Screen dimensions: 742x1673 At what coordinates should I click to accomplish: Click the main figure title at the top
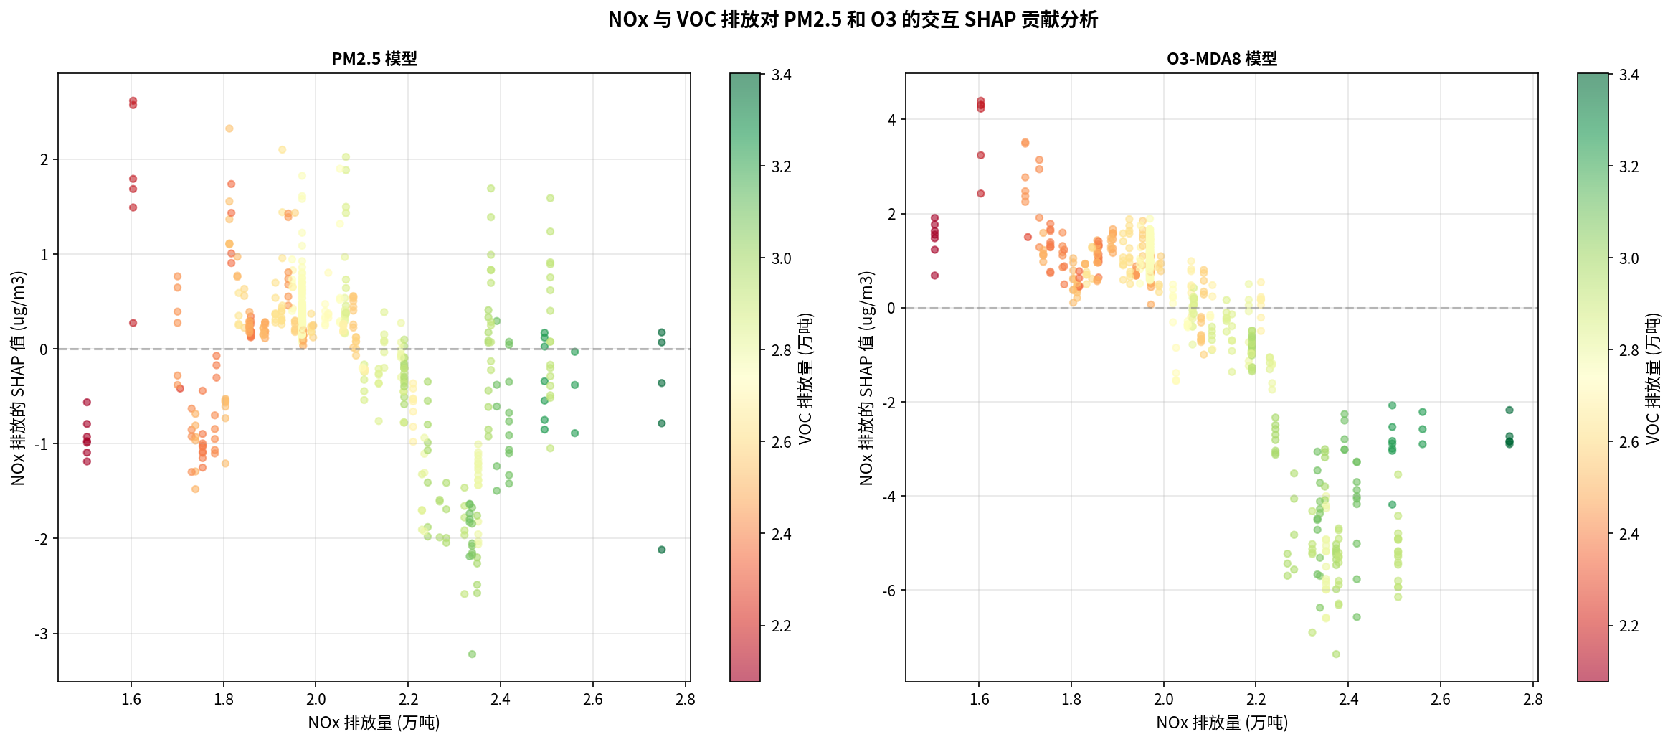(853, 19)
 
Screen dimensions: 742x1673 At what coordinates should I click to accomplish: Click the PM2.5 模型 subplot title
(374, 59)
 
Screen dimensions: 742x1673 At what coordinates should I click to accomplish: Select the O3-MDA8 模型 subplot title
(1221, 59)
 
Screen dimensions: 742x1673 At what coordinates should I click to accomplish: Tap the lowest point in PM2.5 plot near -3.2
(472, 654)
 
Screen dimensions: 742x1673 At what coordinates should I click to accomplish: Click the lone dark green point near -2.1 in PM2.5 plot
(661, 550)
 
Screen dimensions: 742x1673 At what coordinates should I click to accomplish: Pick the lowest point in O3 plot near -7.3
(1336, 654)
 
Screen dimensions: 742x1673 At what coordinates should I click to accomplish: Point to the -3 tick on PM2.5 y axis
(42, 634)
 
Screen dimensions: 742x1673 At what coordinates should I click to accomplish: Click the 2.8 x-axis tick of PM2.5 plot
(685, 700)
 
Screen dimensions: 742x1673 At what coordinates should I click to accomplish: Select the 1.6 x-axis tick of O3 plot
(979, 700)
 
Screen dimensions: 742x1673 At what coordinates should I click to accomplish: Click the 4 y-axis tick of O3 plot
(891, 120)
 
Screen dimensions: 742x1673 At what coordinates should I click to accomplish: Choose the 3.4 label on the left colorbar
(781, 75)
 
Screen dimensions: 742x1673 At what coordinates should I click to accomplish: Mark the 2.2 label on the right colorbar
(1629, 626)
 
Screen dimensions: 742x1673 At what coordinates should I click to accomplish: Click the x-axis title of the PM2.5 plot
(374, 723)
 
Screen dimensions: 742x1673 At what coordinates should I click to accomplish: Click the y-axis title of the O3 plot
(866, 377)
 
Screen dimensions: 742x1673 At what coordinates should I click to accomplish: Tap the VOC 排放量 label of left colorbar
(806, 377)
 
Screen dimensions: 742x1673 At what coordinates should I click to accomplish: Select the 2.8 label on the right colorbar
(1629, 351)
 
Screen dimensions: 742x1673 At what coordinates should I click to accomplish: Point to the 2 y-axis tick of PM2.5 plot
(44, 160)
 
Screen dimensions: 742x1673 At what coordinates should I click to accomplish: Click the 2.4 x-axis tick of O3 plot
(1348, 700)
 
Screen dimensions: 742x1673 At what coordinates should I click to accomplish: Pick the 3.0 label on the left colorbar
(781, 259)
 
